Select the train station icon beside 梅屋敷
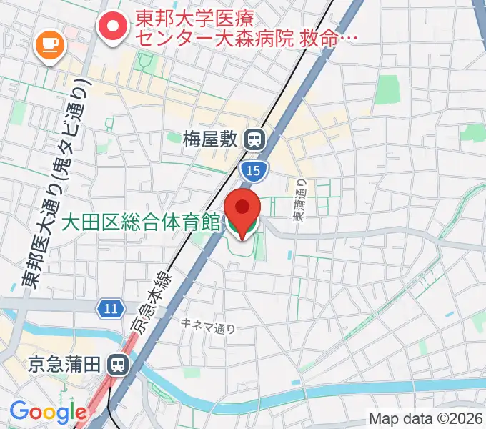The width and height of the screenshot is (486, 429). [254, 139]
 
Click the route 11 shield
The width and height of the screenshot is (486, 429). [109, 308]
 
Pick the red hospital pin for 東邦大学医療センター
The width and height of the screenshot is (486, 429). [114, 29]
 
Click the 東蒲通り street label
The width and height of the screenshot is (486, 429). [301, 199]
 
